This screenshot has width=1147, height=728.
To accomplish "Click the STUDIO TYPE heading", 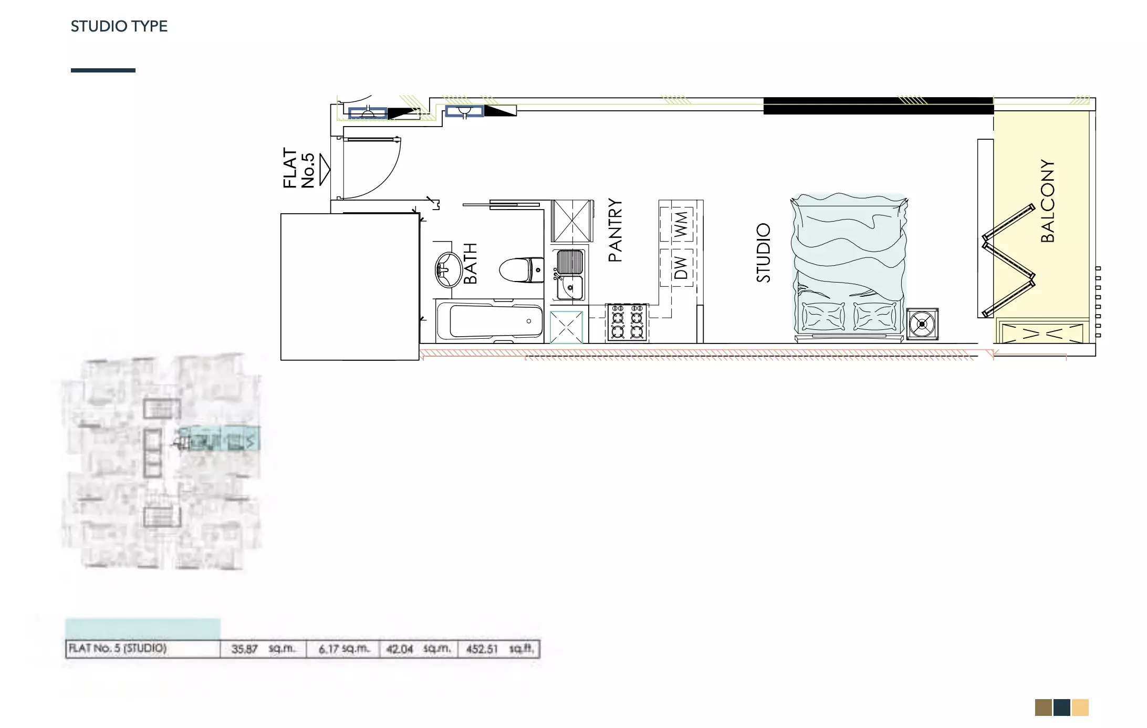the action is pos(119,26).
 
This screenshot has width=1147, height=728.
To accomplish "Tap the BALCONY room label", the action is pos(1047,201).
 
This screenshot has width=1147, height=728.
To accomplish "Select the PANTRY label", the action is pos(615,230).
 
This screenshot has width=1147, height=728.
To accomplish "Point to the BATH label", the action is pos(470,264).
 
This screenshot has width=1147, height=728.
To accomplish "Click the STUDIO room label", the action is pos(763,253).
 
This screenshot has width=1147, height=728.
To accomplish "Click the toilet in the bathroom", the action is pos(522,270).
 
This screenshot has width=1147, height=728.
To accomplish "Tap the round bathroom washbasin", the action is pos(448,269).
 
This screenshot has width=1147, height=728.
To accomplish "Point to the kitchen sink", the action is pos(570,274).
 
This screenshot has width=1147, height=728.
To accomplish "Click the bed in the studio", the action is pos(849,267).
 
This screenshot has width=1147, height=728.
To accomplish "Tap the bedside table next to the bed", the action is pos(922,324).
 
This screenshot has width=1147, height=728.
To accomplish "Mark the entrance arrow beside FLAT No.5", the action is pos(325,170).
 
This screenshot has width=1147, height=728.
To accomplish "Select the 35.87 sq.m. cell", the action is pos(263,649).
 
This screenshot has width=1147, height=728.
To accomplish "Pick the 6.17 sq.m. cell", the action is pos(343,649).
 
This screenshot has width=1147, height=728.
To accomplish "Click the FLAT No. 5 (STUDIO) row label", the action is pos(118,648).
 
